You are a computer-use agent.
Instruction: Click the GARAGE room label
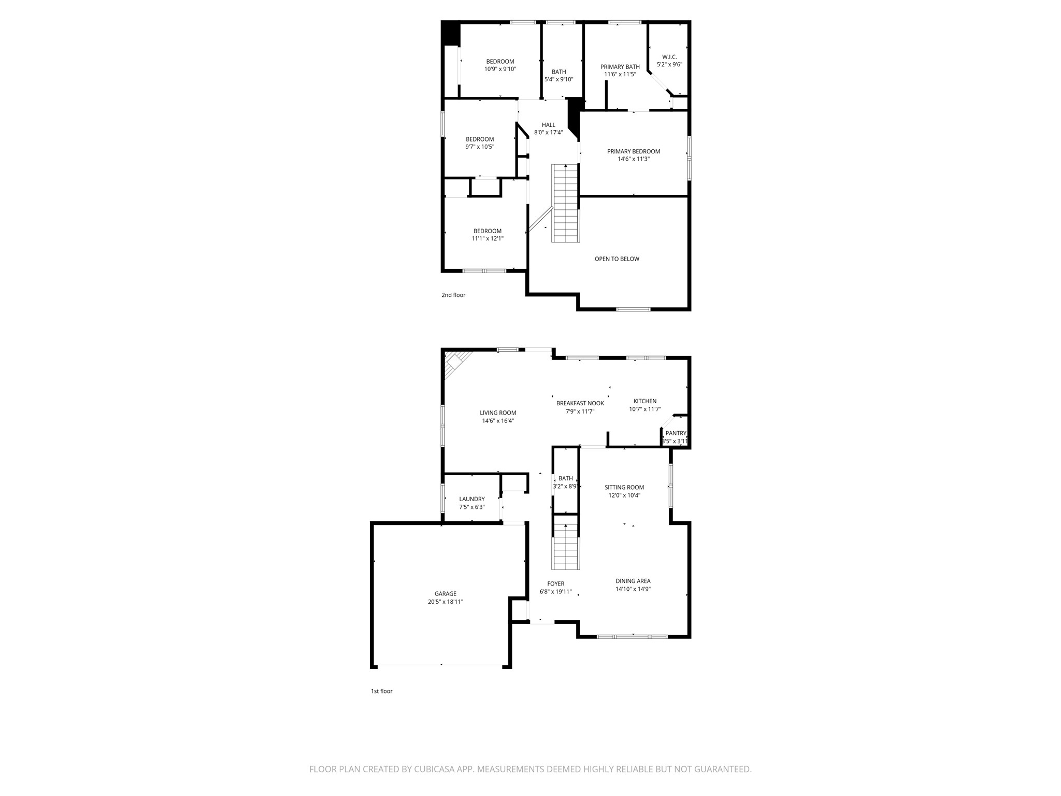click(x=445, y=594)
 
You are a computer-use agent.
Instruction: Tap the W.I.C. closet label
click(x=669, y=57)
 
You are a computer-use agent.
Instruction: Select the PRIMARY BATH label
click(x=620, y=67)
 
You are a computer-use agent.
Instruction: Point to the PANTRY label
click(x=676, y=433)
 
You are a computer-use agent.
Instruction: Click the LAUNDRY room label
click(x=471, y=499)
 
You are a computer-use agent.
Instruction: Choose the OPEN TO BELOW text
click(x=616, y=259)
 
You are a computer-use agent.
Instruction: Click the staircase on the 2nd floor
click(x=565, y=203)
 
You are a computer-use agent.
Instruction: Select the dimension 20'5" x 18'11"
click(x=445, y=602)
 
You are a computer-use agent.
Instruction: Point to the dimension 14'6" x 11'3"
click(x=633, y=159)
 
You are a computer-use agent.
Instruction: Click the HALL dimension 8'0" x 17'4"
click(x=548, y=133)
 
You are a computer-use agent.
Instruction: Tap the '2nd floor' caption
click(x=453, y=295)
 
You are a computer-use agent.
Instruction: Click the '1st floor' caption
click(x=382, y=691)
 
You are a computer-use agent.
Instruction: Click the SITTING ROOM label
click(x=624, y=487)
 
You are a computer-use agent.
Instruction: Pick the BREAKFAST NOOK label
click(x=580, y=403)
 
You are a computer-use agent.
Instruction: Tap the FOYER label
click(x=555, y=584)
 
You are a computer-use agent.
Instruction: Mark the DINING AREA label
click(x=633, y=581)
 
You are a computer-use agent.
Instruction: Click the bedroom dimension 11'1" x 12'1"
click(x=487, y=239)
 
